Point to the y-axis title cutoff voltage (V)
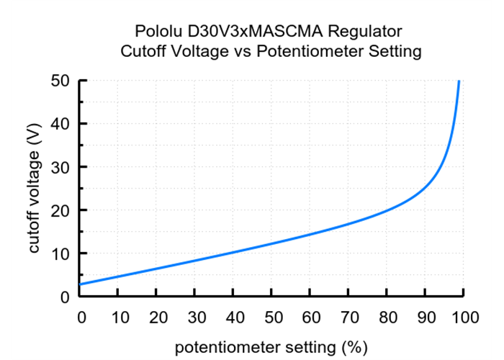coord(34,188)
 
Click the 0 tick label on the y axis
coord(64,297)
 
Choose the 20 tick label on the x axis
coord(158,318)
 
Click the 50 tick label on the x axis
coord(272,318)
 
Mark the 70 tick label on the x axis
coord(348,318)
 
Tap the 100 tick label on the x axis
coord(464,318)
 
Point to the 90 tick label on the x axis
coord(425,318)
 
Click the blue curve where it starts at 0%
coord(81,284)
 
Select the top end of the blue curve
coord(459,82)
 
